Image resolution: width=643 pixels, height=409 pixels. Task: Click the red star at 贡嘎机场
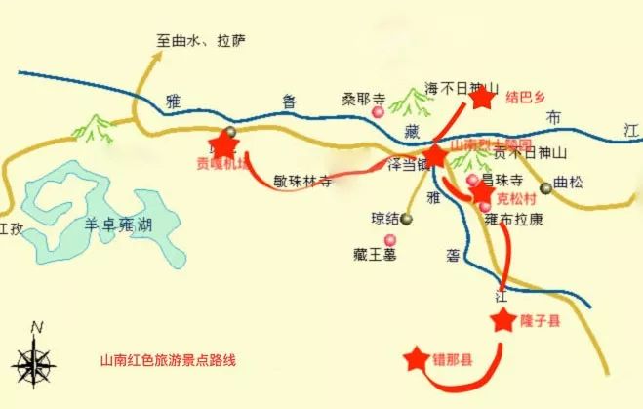tap(225, 146)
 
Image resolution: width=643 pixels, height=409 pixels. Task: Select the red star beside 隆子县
tap(503, 319)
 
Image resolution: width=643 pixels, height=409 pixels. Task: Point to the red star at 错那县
tap(417, 359)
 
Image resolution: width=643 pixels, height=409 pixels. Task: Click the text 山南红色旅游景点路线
tap(168, 359)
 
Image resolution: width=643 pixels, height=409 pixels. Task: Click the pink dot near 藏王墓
tap(390, 240)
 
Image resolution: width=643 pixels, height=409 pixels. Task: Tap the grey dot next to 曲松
tap(546, 188)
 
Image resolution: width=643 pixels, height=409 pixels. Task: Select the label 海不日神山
tap(462, 88)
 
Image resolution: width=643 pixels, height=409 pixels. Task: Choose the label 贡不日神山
tap(530, 153)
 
